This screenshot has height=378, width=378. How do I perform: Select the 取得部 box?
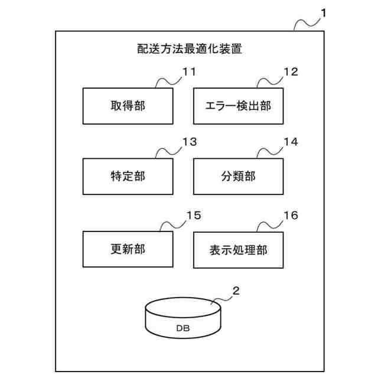128,106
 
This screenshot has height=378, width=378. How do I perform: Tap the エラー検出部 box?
239,106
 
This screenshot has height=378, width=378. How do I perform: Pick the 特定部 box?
128,176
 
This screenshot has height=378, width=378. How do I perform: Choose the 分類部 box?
239,176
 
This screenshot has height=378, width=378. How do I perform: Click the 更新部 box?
128,249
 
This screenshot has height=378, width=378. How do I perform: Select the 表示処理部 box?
239,249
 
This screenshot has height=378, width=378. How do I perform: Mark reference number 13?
189,142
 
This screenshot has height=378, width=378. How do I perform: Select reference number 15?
194,215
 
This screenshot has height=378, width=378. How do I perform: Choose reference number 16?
291,215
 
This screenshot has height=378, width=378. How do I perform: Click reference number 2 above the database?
236,290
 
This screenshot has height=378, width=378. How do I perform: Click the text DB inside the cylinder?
183,328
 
